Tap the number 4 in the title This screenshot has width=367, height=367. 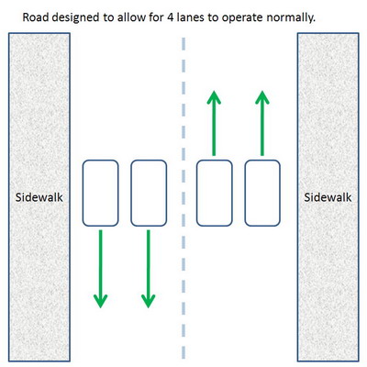[x=171, y=17]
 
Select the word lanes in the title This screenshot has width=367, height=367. [x=191, y=17]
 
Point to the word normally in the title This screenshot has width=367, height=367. [x=291, y=18]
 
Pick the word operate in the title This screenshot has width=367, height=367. [x=242, y=18]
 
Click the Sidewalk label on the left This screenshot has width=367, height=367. [x=39, y=197]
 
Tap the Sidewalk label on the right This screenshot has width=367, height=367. [x=328, y=197]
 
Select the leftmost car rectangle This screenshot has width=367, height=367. [x=100, y=193]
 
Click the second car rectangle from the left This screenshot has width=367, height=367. [x=149, y=193]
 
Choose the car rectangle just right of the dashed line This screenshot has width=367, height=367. [x=214, y=193]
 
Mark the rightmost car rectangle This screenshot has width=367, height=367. [x=262, y=193]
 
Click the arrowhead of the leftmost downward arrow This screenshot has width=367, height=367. [x=100, y=301]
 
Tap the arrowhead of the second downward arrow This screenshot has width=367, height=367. [x=149, y=301]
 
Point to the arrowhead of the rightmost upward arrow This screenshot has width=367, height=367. [x=262, y=98]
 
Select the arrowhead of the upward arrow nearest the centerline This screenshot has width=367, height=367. [x=214, y=98]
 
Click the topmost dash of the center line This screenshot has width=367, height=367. [x=183, y=44]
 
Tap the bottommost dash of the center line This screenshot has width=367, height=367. [x=183, y=352]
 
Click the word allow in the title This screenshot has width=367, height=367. [x=131, y=17]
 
